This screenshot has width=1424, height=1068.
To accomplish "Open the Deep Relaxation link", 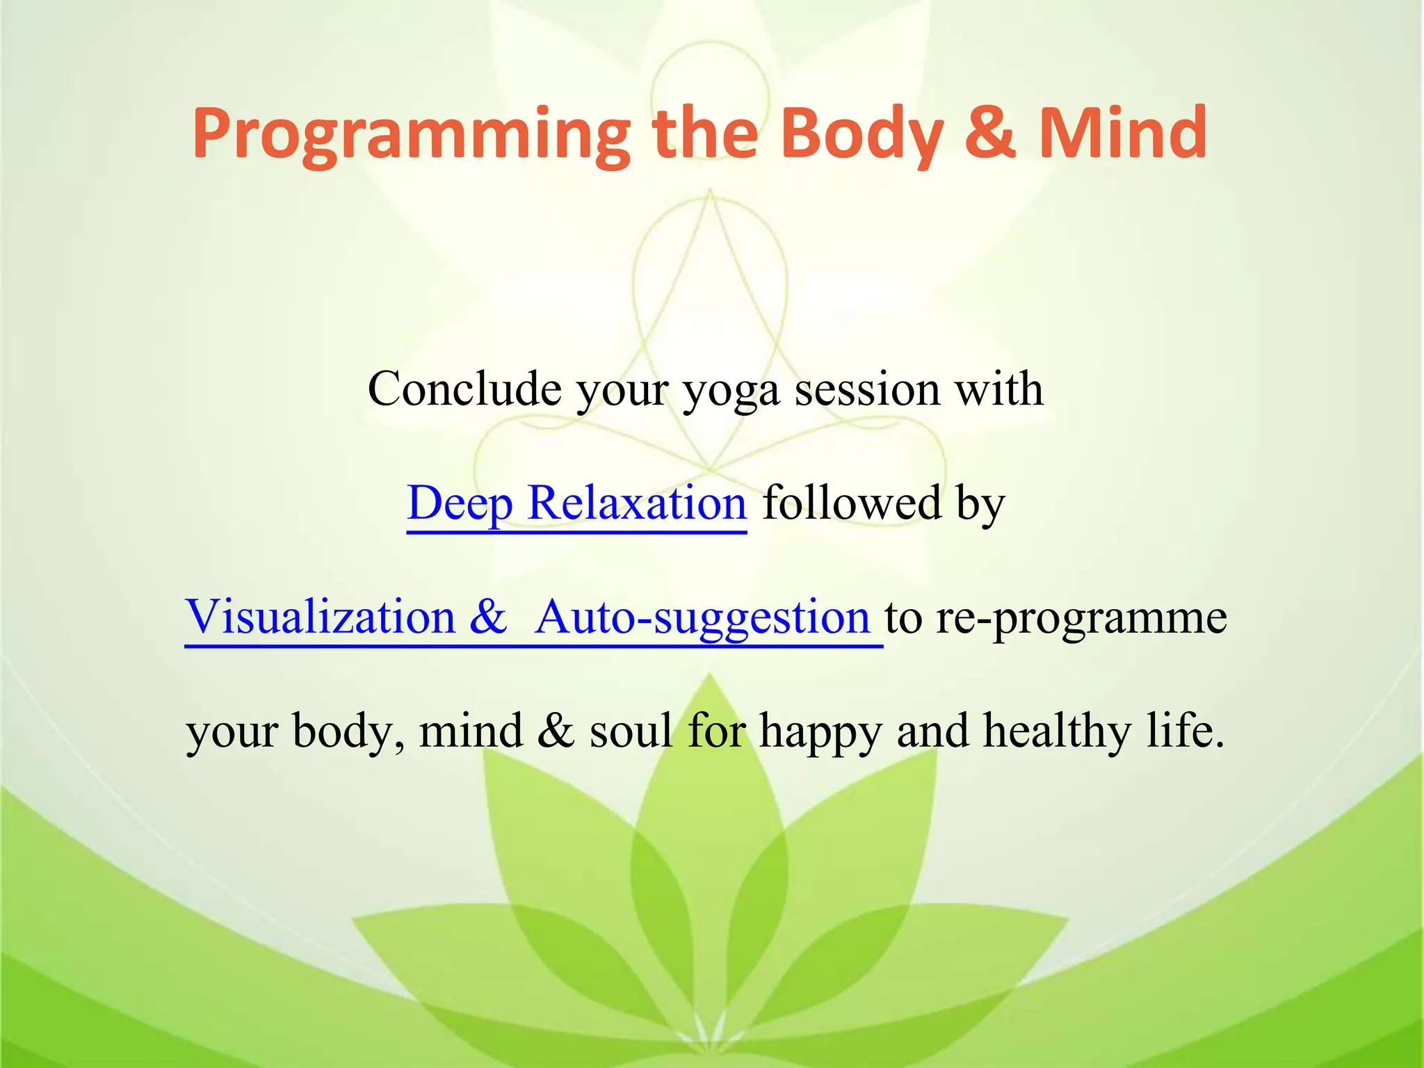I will point(576,503).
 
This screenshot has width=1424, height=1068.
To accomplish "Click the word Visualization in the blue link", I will point(320,617).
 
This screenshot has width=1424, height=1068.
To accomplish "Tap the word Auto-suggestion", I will point(702,617).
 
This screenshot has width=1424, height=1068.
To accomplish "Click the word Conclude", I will point(464,389).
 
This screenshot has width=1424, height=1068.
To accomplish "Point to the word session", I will point(867,389).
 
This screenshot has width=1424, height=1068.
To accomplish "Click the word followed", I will point(852,503).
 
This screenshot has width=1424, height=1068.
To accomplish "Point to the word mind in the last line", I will point(471,731).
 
